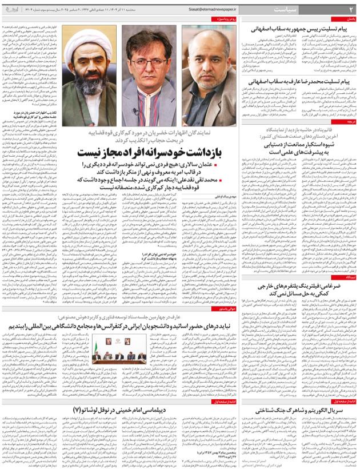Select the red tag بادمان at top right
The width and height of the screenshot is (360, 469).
click(350, 19)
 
